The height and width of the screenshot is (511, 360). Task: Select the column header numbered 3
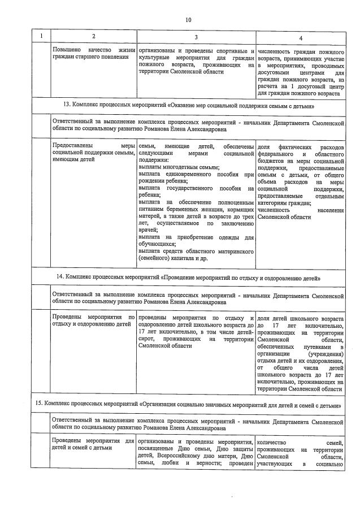pyautogui.click(x=195, y=37)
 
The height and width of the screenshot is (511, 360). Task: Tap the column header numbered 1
pyautogui.click(x=40, y=37)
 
